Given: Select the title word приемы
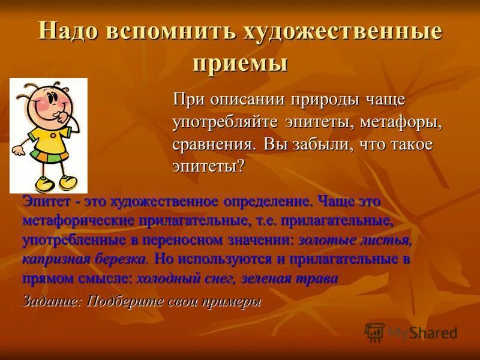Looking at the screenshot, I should click(240, 62).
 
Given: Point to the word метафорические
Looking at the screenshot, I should click(77, 220).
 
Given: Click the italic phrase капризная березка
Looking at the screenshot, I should click(84, 259).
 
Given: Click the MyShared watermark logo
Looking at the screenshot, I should click(411, 332).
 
